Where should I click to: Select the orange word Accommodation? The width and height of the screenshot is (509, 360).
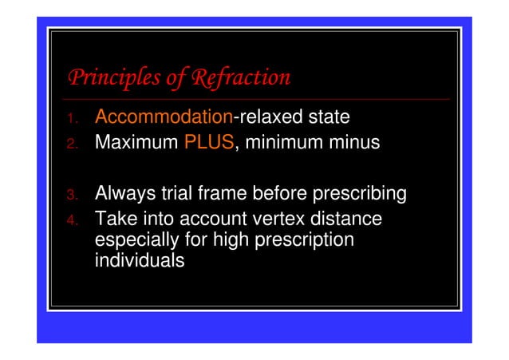coord(163,117)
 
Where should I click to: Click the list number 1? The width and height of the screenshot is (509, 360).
coord(71,119)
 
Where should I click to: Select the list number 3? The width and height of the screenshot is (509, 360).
coord(71,195)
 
